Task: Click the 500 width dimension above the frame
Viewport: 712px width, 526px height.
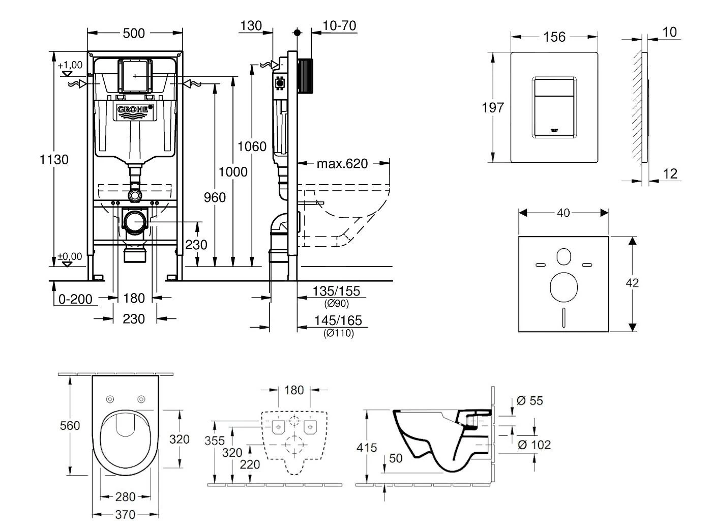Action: pos(134,34)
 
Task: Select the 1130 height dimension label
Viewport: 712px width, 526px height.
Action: pos(54,160)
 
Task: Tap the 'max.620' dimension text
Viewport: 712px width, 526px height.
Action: pos(342,164)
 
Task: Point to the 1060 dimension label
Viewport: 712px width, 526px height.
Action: pos(252,147)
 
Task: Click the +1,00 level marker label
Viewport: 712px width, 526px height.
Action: pos(70,65)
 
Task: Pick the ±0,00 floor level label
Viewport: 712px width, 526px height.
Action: pos(70,257)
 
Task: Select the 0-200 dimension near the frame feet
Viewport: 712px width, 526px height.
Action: pos(76,299)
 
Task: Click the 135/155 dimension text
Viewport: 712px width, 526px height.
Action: pos(336,291)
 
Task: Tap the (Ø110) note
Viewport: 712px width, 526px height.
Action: pos(339,334)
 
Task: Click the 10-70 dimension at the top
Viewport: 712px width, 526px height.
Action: pos(339,25)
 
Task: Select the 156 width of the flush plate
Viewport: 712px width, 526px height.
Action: pos(554,37)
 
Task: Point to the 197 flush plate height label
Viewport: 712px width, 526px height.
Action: pos(493,108)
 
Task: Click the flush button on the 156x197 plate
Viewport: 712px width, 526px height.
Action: pos(554,107)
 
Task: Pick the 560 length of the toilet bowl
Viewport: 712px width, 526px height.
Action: pos(70,425)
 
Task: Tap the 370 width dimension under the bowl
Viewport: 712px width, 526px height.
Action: pos(125,515)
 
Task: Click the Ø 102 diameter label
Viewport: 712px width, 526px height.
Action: pos(533,445)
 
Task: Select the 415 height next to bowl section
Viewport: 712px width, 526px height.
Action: pos(367,448)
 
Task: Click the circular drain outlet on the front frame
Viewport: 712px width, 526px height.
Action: pos(135,222)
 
